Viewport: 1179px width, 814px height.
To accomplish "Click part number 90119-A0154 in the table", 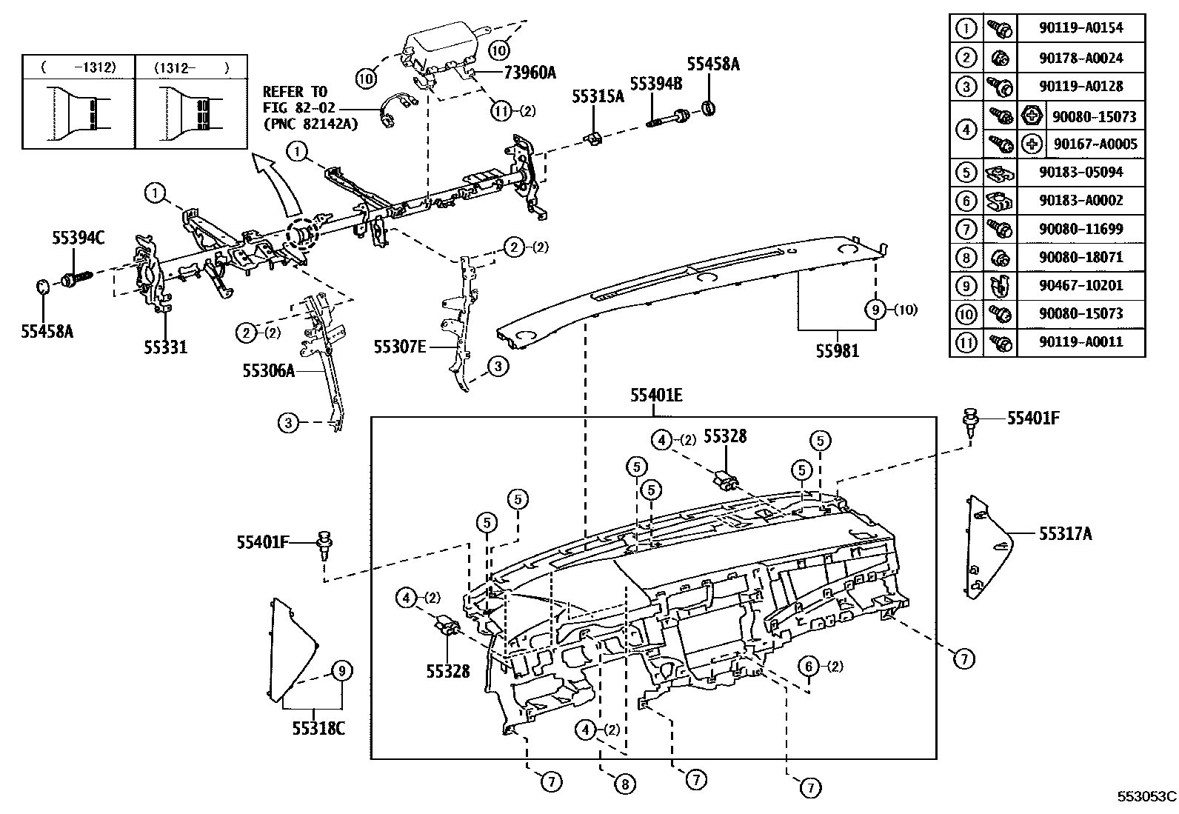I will (1081, 28).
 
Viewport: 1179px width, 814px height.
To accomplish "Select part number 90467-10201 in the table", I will (1081, 285).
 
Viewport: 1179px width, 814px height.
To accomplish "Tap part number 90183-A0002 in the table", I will (1081, 200).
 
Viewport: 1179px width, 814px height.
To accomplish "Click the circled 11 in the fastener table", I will (966, 342).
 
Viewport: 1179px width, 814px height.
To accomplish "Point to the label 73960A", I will (530, 72).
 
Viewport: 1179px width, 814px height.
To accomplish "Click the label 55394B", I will (656, 83).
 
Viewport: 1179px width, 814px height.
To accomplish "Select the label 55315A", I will (598, 96).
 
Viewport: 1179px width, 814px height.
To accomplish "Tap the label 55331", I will (165, 346).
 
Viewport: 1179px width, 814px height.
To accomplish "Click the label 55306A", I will (268, 370).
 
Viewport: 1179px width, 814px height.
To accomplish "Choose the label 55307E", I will (400, 345).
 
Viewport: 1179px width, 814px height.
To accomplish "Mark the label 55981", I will (838, 351).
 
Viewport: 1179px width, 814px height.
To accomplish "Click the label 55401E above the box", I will (656, 396).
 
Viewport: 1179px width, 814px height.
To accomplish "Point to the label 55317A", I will (1066, 533).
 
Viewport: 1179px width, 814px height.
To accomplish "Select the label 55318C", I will (318, 728).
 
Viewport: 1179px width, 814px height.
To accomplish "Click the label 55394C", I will (79, 238).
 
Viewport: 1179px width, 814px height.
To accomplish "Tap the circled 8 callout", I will (624, 784).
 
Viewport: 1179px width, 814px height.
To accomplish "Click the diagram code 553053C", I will (1146, 797).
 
